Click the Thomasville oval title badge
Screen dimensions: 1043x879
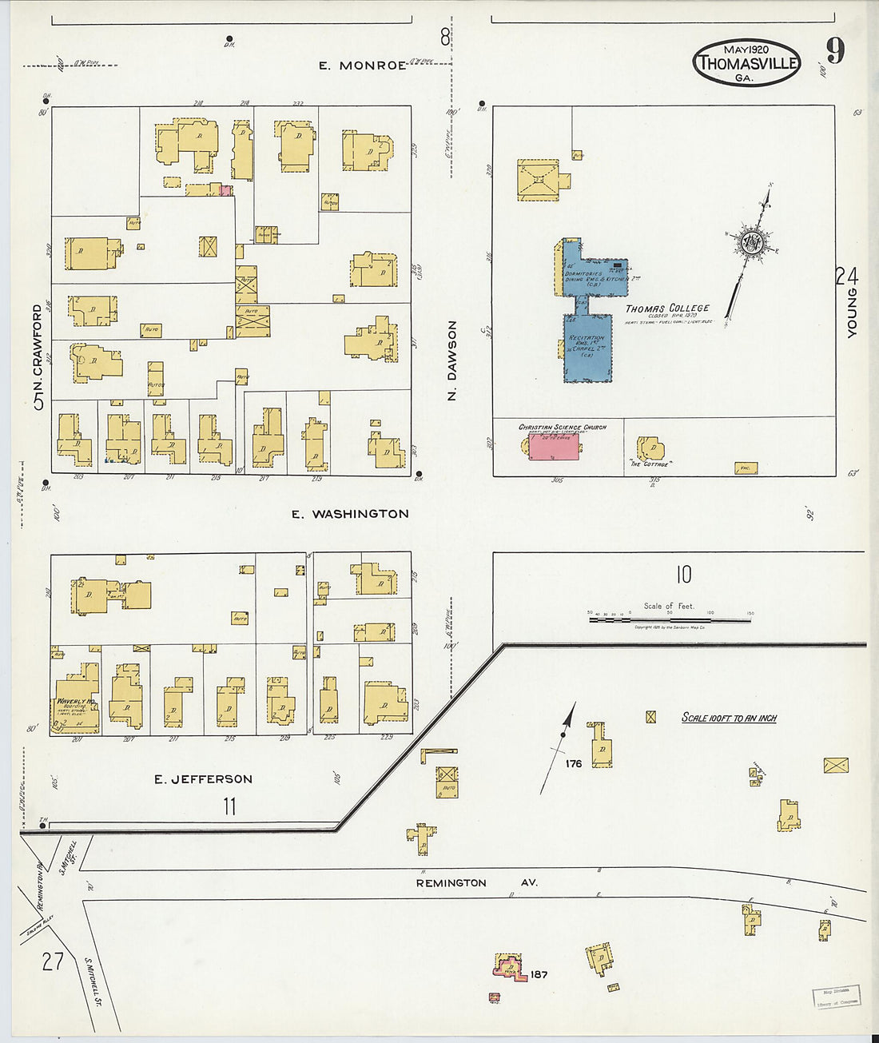point(746,62)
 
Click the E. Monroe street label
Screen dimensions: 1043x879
point(362,66)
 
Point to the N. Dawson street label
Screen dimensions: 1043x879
point(452,360)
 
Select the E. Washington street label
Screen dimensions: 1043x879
point(350,514)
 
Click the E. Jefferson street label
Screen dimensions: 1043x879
point(203,778)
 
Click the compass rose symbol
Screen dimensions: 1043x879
point(751,243)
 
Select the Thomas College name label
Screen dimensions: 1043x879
point(667,309)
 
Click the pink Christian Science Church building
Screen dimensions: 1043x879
point(554,447)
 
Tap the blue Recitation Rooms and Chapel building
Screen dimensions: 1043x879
point(588,348)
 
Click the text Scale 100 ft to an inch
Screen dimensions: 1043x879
point(728,718)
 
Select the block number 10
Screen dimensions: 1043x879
point(683,575)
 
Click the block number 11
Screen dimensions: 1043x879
point(229,806)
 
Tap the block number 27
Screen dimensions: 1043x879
point(53,961)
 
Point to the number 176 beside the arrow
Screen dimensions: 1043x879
point(573,764)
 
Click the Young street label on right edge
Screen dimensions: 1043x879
point(852,313)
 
